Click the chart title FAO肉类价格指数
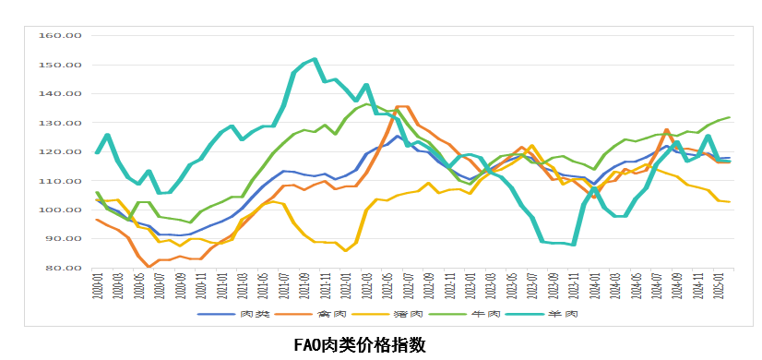(360, 344)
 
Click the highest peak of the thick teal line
(315, 60)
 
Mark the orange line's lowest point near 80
(149, 267)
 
